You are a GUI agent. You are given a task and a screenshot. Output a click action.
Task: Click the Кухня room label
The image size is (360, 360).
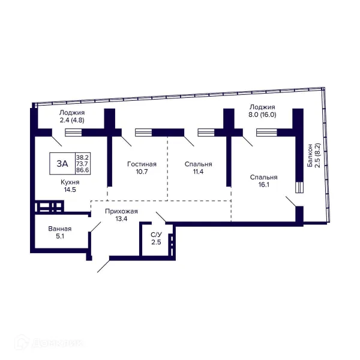(70, 182)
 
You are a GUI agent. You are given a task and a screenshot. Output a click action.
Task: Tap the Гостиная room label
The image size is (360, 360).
(142, 164)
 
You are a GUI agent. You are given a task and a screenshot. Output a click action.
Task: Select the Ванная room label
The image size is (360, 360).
(59, 229)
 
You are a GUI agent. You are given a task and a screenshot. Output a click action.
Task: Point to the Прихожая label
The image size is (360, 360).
(121, 211)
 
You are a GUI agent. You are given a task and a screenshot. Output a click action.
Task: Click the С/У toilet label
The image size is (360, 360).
(156, 235)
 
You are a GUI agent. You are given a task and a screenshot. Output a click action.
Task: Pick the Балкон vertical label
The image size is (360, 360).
(310, 155)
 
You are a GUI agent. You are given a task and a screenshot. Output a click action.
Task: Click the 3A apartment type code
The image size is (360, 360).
(62, 164)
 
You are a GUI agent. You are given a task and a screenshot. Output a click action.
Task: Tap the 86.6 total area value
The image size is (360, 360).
(83, 170)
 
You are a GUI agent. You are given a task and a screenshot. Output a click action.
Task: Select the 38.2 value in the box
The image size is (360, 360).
(83, 157)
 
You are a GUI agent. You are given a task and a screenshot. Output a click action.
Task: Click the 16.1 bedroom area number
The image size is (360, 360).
(263, 185)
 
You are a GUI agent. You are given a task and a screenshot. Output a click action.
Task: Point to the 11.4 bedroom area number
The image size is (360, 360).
(198, 172)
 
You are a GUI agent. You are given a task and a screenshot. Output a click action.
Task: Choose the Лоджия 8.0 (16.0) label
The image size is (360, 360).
(262, 110)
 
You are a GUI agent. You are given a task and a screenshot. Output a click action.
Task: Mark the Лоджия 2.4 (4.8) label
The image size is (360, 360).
(72, 116)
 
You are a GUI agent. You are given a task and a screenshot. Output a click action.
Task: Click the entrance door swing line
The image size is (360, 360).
(104, 266)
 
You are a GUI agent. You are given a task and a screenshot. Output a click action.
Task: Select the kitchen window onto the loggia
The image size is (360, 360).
(73, 133)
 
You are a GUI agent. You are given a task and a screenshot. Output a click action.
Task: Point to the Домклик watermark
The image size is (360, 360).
(49, 343)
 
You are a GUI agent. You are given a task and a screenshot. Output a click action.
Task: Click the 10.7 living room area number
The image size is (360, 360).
(142, 172)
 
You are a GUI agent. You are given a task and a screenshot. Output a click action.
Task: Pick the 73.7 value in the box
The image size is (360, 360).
(83, 164)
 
